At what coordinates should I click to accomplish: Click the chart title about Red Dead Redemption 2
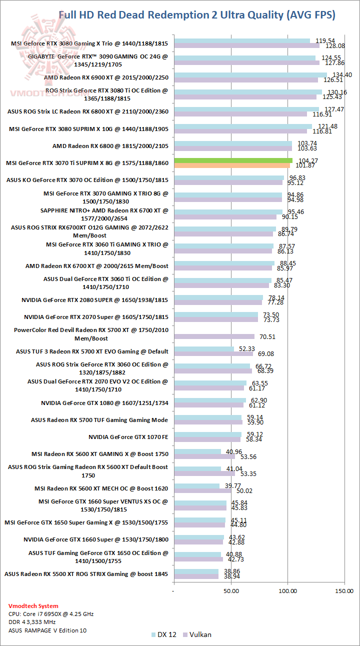pyautogui.click(x=197, y=15)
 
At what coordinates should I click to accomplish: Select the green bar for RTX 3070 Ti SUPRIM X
pyautogui.click(x=232, y=160)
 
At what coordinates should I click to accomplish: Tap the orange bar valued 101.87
pyautogui.click(x=231, y=165)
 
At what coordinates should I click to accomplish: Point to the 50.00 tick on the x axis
pyautogui.click(x=231, y=590)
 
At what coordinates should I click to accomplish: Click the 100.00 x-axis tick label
pyautogui.click(x=287, y=590)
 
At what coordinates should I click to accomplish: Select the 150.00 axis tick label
pyautogui.click(x=344, y=590)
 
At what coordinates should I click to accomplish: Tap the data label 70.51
pyautogui.click(x=265, y=336)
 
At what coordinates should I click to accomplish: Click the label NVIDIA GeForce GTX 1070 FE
pyautogui.click(x=128, y=437)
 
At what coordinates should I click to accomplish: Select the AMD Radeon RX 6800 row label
pyautogui.click(x=110, y=146)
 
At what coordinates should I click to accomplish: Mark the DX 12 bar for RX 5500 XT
pyautogui.click(x=195, y=571)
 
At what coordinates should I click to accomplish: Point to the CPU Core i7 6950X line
pyautogui.click(x=51, y=613)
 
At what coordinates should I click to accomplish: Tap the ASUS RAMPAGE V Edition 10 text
pyautogui.click(x=47, y=630)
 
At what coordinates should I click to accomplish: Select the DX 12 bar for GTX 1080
pyautogui.click(x=209, y=400)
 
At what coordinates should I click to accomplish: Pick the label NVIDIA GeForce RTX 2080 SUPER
pyautogui.click(x=95, y=300)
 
